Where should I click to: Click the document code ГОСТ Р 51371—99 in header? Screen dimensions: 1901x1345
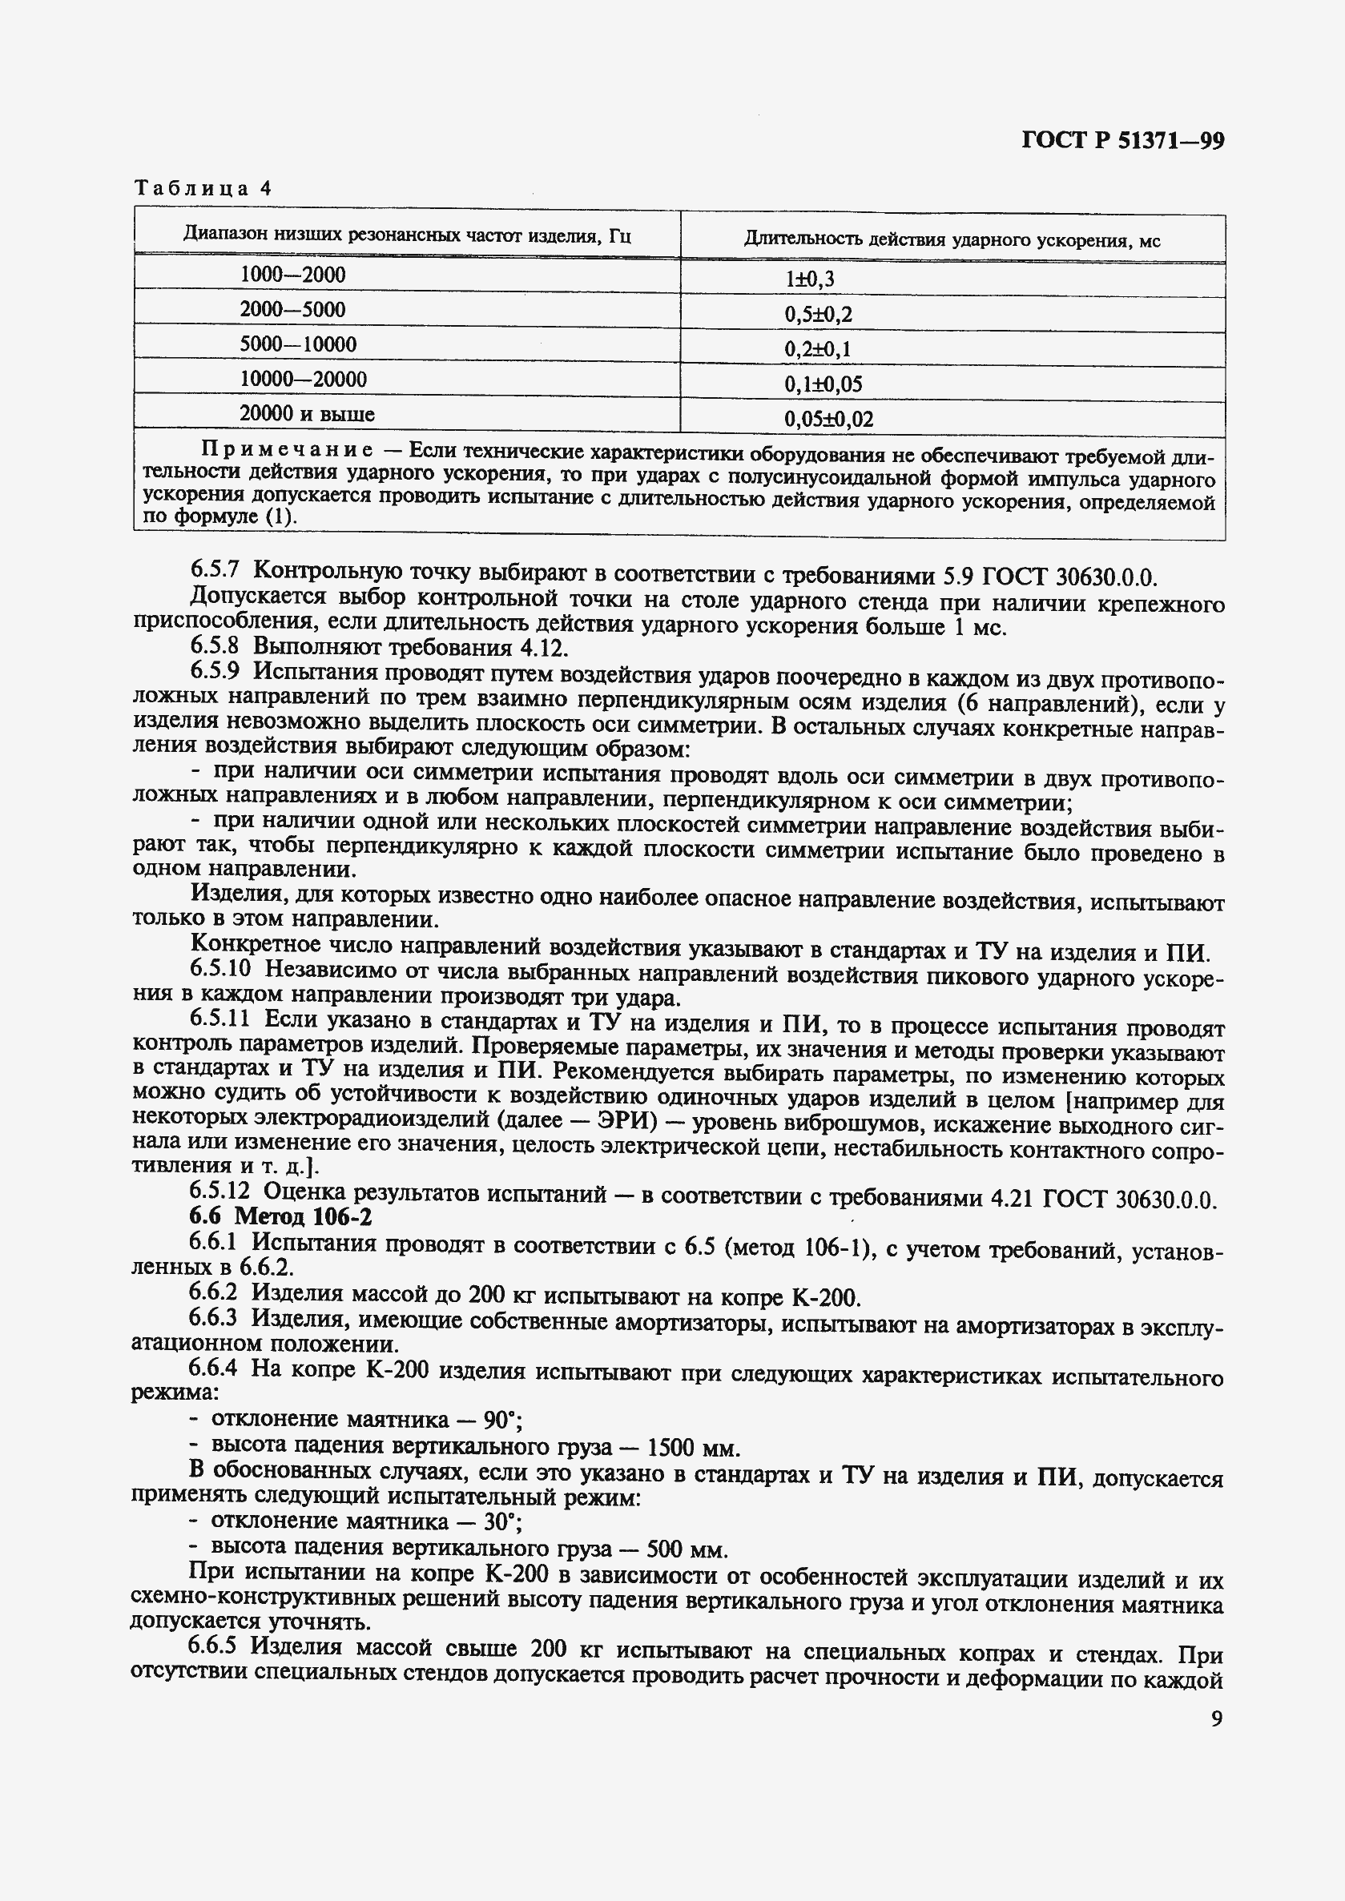[1122, 142]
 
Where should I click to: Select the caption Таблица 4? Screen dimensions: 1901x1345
[203, 189]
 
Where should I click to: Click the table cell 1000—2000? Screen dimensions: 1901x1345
[292, 275]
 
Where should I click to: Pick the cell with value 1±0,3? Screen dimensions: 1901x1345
[809, 279]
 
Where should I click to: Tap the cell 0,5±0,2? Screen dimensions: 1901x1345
[817, 315]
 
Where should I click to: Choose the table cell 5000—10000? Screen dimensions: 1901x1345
[297, 344]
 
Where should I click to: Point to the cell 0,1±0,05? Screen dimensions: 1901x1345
[824, 384]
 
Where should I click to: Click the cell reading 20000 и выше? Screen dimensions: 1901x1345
[307, 414]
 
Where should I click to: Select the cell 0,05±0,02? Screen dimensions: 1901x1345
[828, 420]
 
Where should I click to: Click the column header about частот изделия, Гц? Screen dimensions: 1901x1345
[407, 236]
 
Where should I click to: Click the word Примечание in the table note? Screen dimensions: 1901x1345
[287, 452]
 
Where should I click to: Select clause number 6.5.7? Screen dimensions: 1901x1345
[215, 569]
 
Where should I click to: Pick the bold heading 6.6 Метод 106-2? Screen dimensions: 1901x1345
[280, 1216]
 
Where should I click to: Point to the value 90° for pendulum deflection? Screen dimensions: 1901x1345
[501, 1420]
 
